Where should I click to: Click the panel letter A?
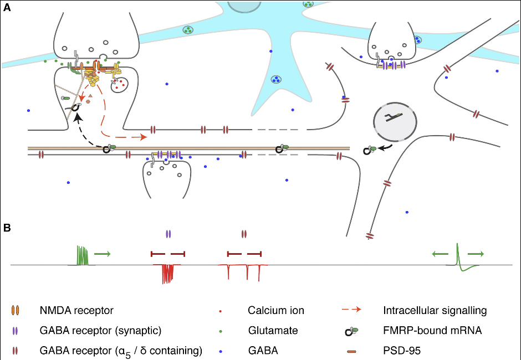7,7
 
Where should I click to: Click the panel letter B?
7,228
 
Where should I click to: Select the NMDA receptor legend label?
76,310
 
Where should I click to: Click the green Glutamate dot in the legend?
222,331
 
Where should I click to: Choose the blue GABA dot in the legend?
222,351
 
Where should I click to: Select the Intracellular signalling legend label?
435,310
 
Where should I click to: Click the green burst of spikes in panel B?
82,256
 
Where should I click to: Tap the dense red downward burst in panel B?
166,273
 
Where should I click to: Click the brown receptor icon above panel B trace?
244,234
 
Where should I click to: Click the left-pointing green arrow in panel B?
440,254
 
